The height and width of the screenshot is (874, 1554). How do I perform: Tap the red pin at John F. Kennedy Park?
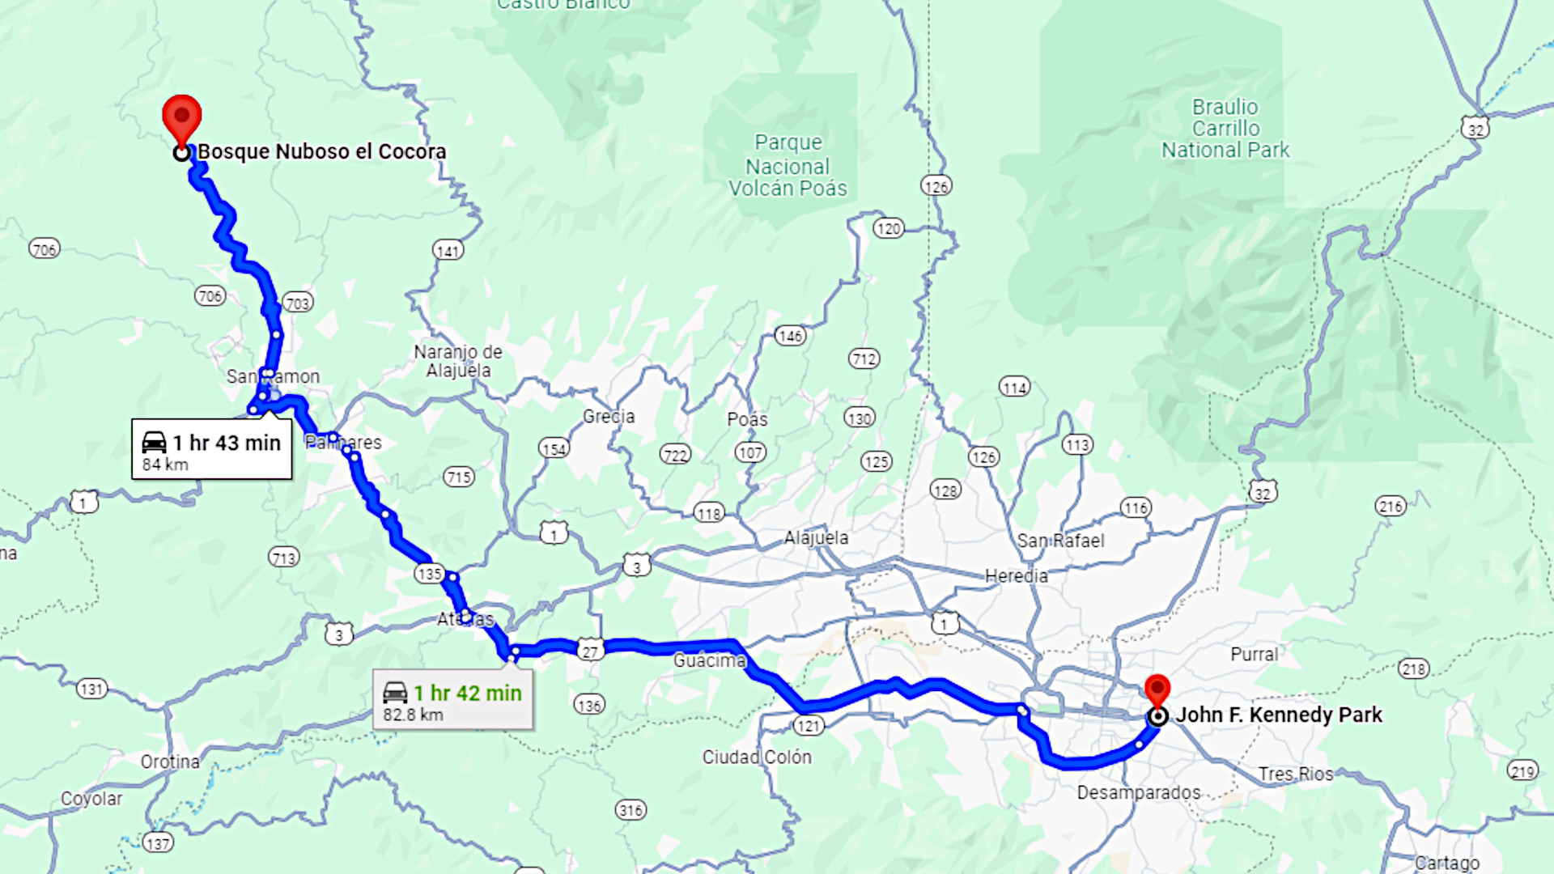(1157, 690)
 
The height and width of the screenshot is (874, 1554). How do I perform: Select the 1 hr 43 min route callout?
(212, 450)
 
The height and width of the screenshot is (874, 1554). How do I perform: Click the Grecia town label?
(609, 417)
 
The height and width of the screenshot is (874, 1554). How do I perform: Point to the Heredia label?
(1016, 576)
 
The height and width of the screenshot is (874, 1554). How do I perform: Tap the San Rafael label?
(1060, 541)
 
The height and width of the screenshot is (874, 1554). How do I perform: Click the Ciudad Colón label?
(757, 757)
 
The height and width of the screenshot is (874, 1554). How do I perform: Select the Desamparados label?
(1139, 792)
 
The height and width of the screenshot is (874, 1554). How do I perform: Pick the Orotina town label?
(170, 762)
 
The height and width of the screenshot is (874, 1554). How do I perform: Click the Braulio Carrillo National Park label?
(1225, 129)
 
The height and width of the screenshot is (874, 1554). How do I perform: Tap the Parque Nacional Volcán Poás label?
(788, 166)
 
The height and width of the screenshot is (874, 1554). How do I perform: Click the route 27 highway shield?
(591, 651)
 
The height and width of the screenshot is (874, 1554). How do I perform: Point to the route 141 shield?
(448, 251)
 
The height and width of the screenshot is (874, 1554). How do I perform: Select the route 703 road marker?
(298, 303)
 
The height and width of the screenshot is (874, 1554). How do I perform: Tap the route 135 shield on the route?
(429, 574)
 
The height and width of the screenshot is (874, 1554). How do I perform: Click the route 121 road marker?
(809, 725)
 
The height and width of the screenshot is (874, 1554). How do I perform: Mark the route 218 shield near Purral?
(1413, 669)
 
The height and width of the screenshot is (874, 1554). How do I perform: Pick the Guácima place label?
(709, 660)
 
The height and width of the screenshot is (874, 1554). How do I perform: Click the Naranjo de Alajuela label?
(458, 361)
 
